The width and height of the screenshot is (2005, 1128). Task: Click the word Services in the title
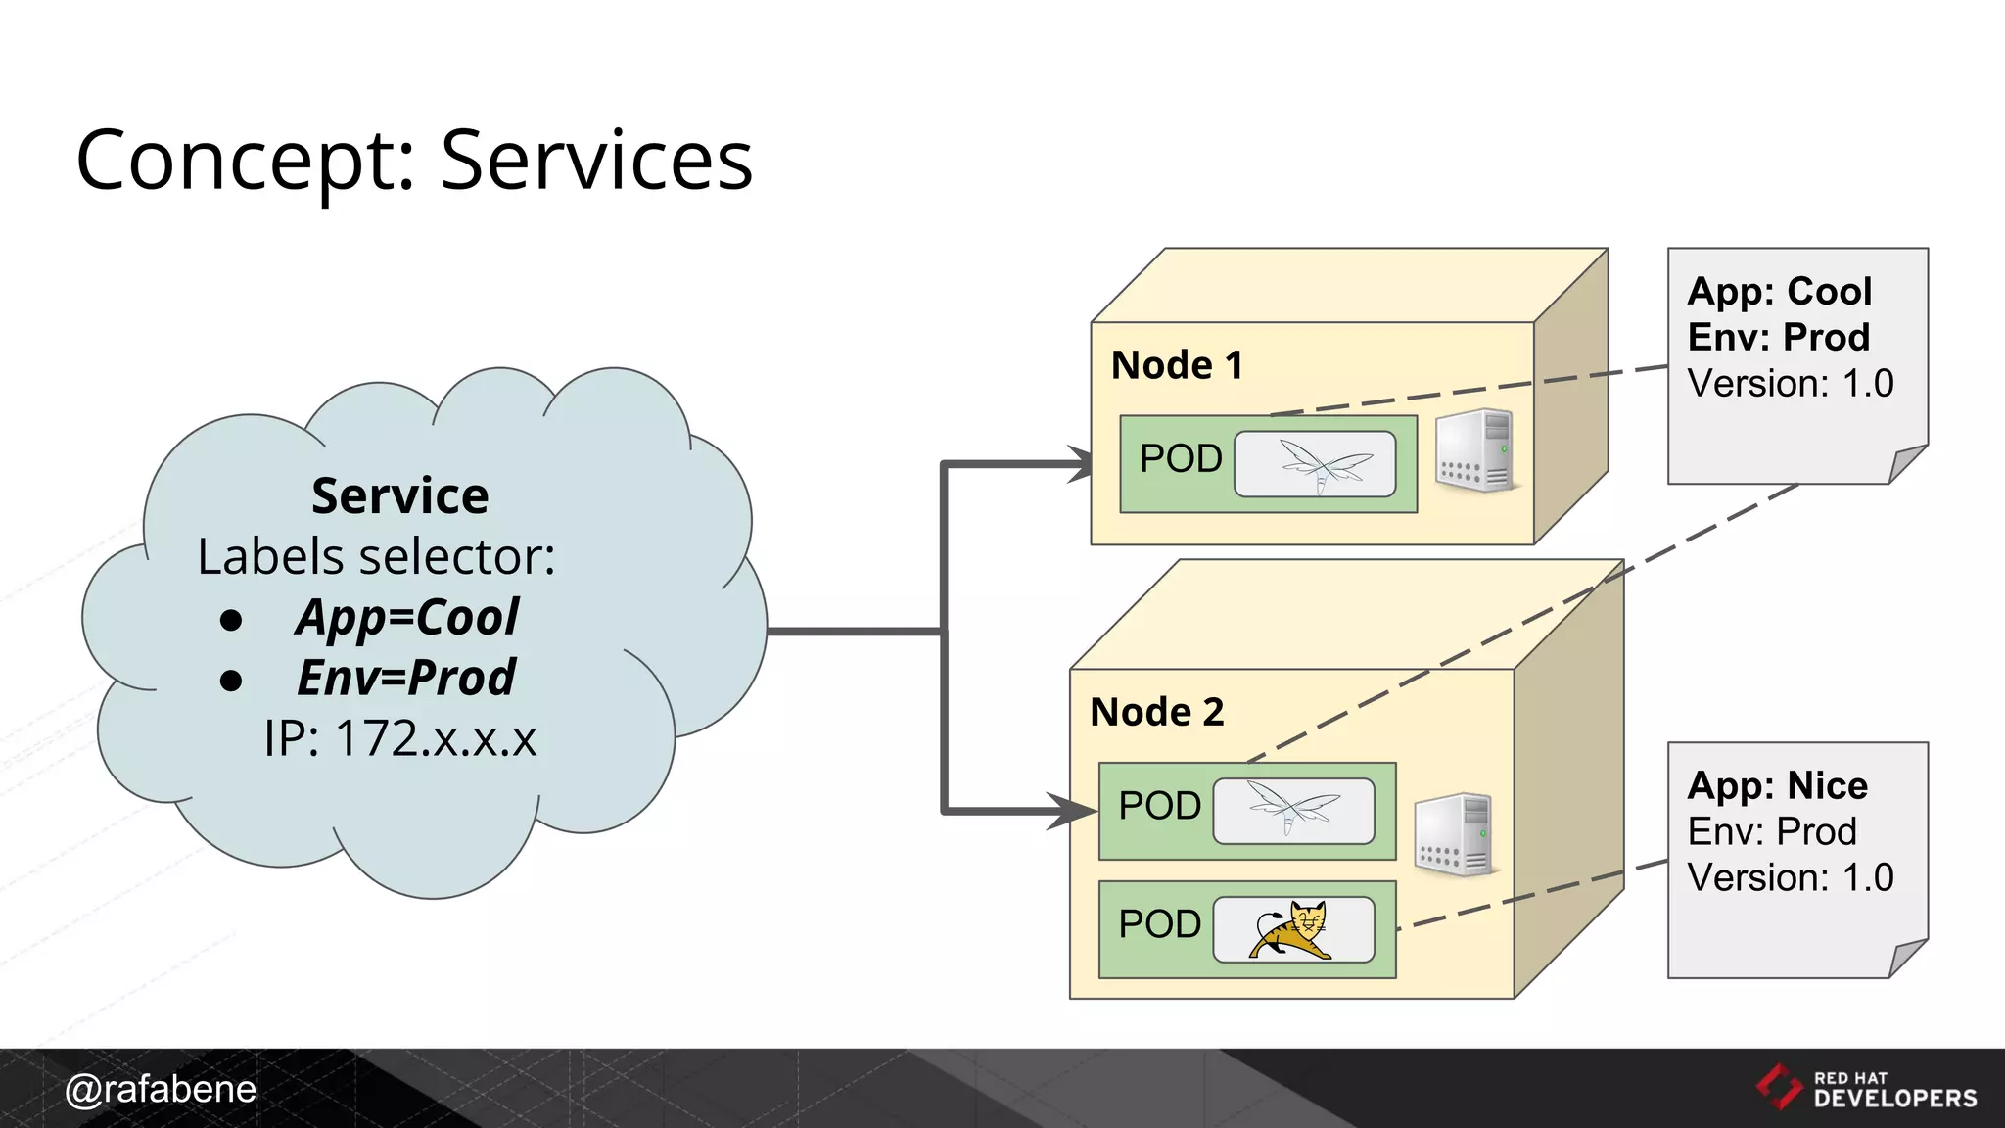point(596,161)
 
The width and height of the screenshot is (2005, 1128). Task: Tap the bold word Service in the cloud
point(399,495)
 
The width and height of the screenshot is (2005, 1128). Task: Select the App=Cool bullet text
point(407,618)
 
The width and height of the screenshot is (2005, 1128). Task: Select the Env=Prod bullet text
point(406,678)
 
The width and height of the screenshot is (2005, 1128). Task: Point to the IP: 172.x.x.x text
point(399,738)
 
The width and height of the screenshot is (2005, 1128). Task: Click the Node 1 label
point(1177,365)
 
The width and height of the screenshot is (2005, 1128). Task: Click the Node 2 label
point(1156,712)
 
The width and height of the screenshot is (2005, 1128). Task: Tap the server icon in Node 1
point(1475,449)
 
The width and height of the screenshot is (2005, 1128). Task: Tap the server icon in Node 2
point(1455,834)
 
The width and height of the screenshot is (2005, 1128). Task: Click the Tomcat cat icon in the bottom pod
point(1291,929)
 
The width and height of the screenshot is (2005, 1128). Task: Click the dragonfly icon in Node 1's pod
point(1315,464)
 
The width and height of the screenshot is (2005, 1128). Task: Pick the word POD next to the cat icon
point(1159,924)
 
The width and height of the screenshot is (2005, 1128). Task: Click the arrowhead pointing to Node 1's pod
point(1081,464)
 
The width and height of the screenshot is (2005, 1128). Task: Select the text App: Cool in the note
point(1779,292)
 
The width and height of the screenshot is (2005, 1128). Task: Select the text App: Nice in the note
point(1777,786)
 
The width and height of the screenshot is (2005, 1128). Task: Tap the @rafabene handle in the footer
point(161,1089)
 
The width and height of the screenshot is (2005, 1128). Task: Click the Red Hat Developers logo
point(1866,1089)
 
